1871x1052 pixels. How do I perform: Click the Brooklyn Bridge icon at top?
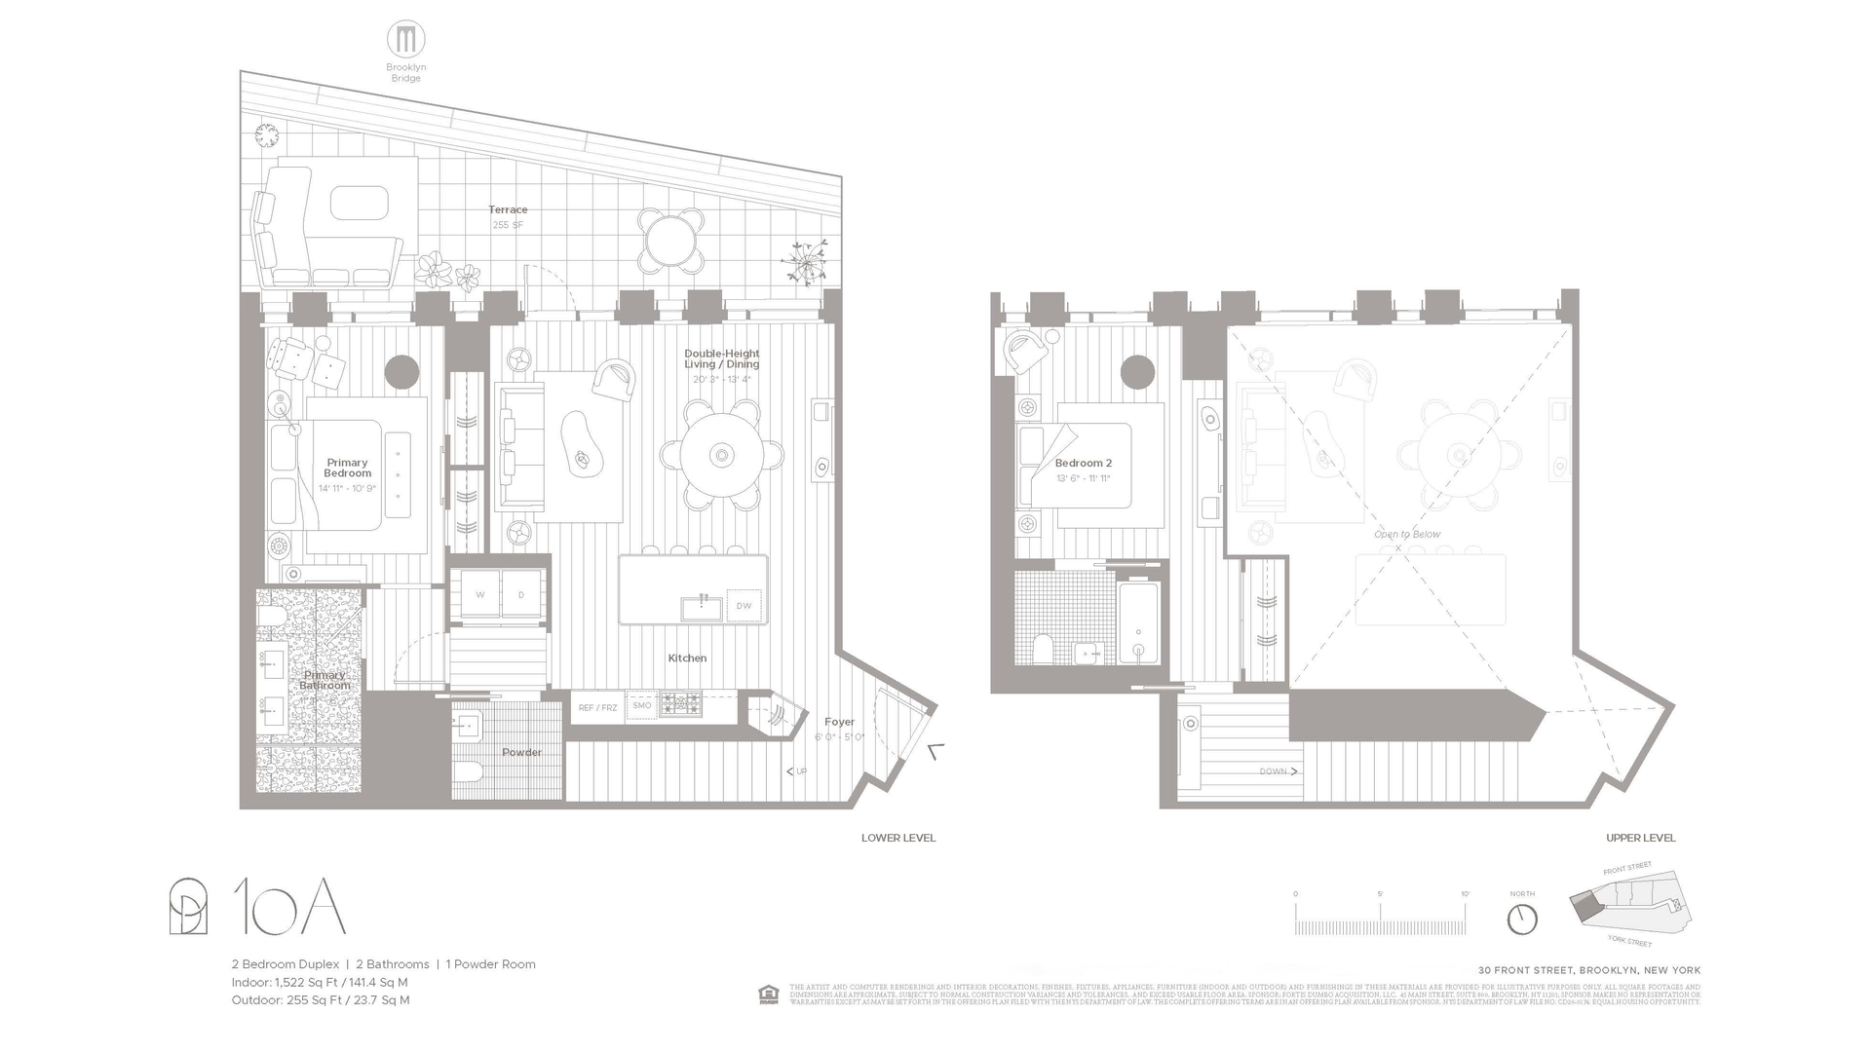point(405,40)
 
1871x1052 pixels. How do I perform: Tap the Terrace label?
point(508,209)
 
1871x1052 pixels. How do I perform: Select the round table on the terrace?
point(670,240)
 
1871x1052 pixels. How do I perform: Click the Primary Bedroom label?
point(348,468)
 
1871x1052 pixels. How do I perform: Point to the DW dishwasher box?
point(744,606)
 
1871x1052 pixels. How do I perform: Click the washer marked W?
point(480,594)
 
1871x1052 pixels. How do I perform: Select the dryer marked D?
point(521,594)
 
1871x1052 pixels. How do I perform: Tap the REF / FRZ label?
point(597,707)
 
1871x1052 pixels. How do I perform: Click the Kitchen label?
point(687,658)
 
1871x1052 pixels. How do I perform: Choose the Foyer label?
point(839,722)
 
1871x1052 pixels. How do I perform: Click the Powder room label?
point(521,752)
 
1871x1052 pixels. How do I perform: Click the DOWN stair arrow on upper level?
point(1278,771)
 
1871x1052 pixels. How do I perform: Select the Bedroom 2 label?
point(1083,464)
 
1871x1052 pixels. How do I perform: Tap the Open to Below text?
point(1406,535)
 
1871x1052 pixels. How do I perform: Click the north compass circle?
point(1521,920)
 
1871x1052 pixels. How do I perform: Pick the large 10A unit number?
point(289,907)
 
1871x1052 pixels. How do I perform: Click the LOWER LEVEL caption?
point(897,838)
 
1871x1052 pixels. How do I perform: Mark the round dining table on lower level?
point(721,454)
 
